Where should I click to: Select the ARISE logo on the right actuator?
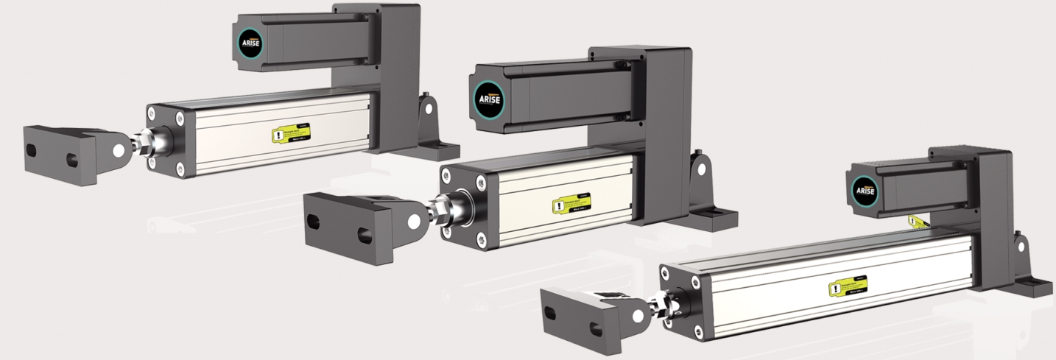pyautogui.click(x=865, y=190)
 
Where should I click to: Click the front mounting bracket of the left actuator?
pyautogui.click(x=63, y=155)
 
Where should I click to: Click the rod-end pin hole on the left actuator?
pyautogui.click(x=118, y=149)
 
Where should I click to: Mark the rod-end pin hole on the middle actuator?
pyautogui.click(x=415, y=219)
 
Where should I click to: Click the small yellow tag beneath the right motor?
pyautogui.click(x=915, y=220)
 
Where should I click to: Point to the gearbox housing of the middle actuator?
pyautogui.click(x=666, y=133)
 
